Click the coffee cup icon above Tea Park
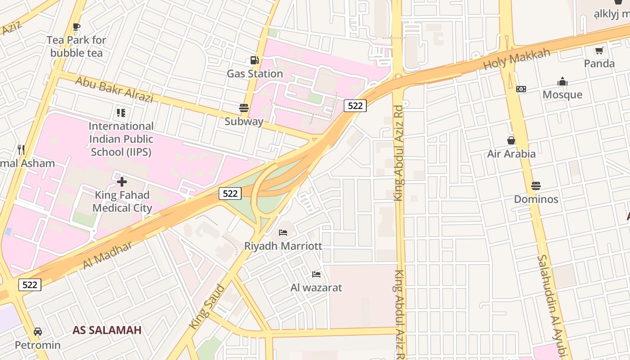click(x=76, y=27)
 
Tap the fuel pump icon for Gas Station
click(x=254, y=60)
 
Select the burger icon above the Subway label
click(x=244, y=108)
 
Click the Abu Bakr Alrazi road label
click(x=114, y=89)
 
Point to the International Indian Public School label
click(x=121, y=139)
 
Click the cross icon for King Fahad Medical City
click(x=122, y=182)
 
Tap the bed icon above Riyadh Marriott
click(x=283, y=233)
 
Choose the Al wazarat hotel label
click(x=316, y=288)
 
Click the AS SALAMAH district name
click(x=107, y=330)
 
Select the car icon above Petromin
click(x=38, y=332)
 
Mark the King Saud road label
click(x=207, y=306)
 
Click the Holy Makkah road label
click(x=517, y=59)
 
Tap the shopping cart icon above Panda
click(x=599, y=50)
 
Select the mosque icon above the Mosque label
click(x=562, y=81)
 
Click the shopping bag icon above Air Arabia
click(x=511, y=140)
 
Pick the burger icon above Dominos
click(x=535, y=185)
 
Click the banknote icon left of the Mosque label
click(x=521, y=89)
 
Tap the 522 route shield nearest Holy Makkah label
click(x=355, y=106)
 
